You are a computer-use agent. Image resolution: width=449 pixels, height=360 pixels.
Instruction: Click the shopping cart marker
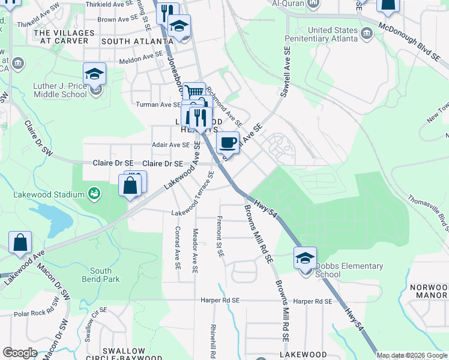[193, 93]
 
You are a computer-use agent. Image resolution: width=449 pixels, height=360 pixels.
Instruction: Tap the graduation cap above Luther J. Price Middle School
[94, 74]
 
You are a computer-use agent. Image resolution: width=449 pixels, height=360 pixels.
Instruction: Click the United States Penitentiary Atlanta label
[336, 35]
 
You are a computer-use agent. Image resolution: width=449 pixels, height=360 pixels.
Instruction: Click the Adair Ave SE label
[170, 145]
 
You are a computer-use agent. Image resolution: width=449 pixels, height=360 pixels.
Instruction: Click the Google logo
[20, 353]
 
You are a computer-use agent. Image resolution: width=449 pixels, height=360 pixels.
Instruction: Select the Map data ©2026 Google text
[411, 355]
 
